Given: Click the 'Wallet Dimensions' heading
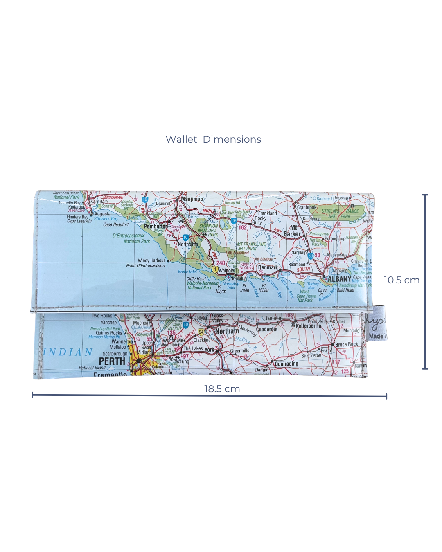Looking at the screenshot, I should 213,139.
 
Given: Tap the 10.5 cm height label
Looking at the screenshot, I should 401,280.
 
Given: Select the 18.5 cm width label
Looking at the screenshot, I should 222,389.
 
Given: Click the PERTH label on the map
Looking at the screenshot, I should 112,361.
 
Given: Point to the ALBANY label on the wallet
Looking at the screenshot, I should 339,279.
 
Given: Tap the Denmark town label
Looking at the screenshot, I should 268,267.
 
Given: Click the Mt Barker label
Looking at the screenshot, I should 293,231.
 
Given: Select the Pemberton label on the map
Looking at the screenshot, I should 156,226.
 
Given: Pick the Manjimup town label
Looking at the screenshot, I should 192,199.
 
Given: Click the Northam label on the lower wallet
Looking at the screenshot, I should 227,331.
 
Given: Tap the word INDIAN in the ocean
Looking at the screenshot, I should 68,352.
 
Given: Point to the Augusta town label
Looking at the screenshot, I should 102,214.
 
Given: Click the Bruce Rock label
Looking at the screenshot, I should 346,344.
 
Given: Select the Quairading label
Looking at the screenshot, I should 286,364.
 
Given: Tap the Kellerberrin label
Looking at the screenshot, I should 309,326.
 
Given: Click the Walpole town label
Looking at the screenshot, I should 226,270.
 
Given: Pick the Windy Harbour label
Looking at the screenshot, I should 151,260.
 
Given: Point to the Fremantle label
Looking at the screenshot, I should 110,375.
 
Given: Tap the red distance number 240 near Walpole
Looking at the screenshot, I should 221,263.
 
